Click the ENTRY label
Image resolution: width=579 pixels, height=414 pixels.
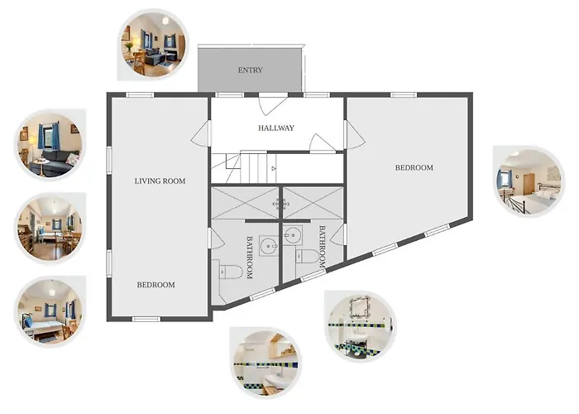point(250,70)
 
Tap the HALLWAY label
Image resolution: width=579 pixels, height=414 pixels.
point(276,128)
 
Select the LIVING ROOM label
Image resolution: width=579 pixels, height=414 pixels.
point(160,181)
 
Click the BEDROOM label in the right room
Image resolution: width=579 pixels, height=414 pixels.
point(414,168)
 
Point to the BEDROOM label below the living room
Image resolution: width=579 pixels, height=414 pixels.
point(156,285)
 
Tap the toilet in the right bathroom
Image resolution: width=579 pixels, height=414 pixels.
point(307,256)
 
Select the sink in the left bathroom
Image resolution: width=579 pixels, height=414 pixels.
point(269,245)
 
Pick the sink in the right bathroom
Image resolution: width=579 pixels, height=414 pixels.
point(293,234)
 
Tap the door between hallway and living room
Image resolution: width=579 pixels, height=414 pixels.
point(201,133)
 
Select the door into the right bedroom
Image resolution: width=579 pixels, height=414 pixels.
point(355,134)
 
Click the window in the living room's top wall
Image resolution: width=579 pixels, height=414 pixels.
point(140,95)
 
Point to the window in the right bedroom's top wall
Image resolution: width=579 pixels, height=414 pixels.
point(404,95)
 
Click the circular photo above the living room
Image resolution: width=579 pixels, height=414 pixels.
point(154,46)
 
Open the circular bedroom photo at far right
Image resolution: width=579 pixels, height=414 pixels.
point(529,182)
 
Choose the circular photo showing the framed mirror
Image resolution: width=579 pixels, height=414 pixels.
point(361,326)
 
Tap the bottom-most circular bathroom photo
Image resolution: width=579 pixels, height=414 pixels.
point(266,363)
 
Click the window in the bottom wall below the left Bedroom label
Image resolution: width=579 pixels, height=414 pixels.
point(146,319)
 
